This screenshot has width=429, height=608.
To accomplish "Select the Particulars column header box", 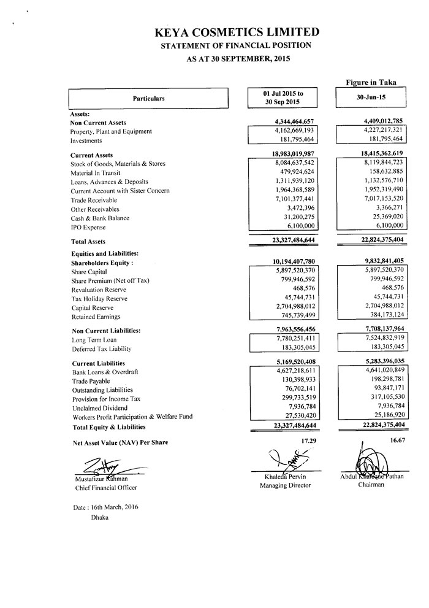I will (148, 98).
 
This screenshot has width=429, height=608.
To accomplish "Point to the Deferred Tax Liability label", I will (102, 349).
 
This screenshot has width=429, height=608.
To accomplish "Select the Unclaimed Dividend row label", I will (99, 408).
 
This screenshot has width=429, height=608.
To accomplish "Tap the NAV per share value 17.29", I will (306, 441).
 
